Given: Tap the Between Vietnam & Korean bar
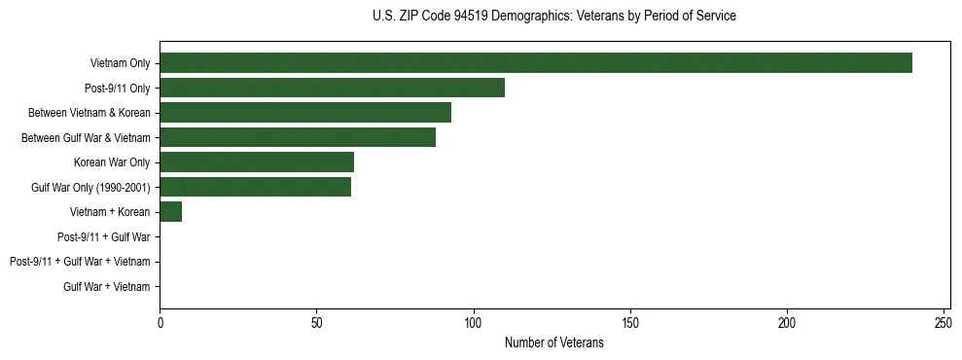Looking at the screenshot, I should point(305,113).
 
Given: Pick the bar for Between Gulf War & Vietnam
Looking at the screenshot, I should point(298,138).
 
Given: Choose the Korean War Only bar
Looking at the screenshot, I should point(257,162).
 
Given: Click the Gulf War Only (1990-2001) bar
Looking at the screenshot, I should point(255,187).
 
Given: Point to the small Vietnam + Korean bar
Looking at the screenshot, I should point(171,212).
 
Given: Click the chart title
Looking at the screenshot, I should point(554,17).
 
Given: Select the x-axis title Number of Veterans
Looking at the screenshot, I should point(554,343).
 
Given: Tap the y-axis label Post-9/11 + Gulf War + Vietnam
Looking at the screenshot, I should point(80,262).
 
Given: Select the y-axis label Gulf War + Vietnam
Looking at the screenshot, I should point(107,287).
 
